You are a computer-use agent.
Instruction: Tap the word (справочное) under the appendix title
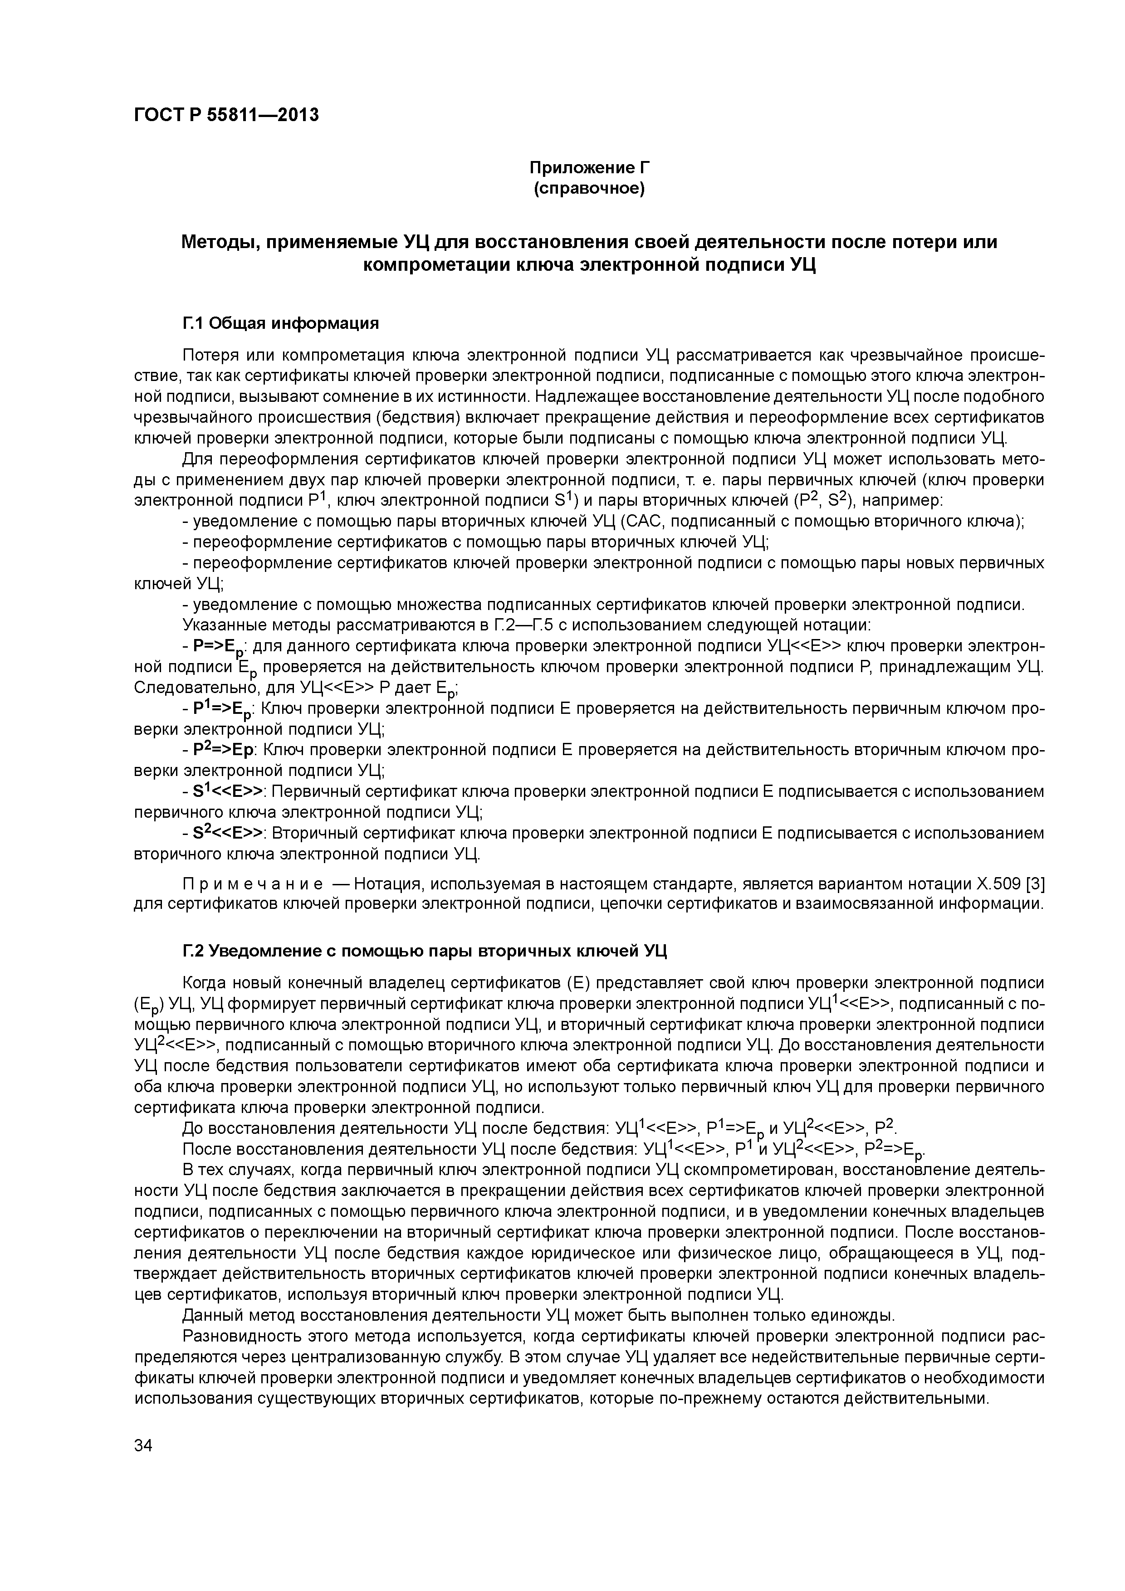[589, 189]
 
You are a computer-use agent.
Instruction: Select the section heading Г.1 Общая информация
[281, 324]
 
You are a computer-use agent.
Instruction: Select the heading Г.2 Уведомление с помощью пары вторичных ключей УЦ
[424, 951]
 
